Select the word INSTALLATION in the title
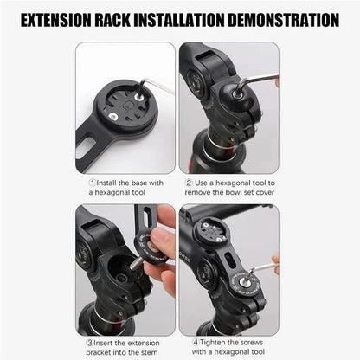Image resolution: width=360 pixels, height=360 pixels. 207,19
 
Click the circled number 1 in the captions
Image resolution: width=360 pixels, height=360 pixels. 93,183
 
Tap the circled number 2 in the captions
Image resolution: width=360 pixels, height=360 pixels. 189,183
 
